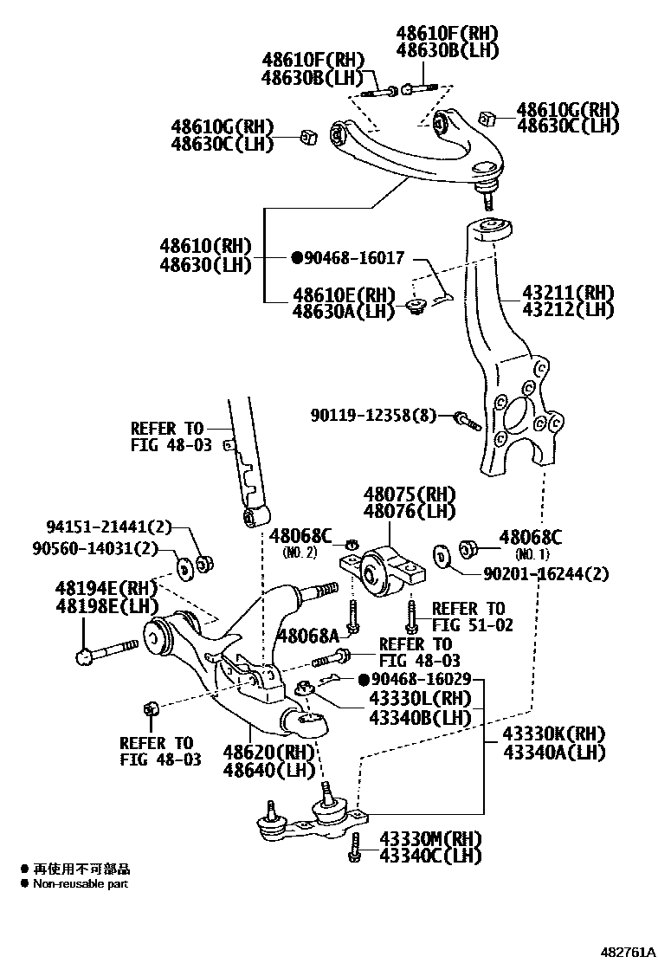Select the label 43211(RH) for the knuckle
coord(568,292)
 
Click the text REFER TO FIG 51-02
coord(468,617)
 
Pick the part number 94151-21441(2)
coord(109,527)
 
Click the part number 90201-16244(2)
coord(534,572)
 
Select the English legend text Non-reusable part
coord(80,884)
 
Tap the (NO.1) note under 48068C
coord(527,553)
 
